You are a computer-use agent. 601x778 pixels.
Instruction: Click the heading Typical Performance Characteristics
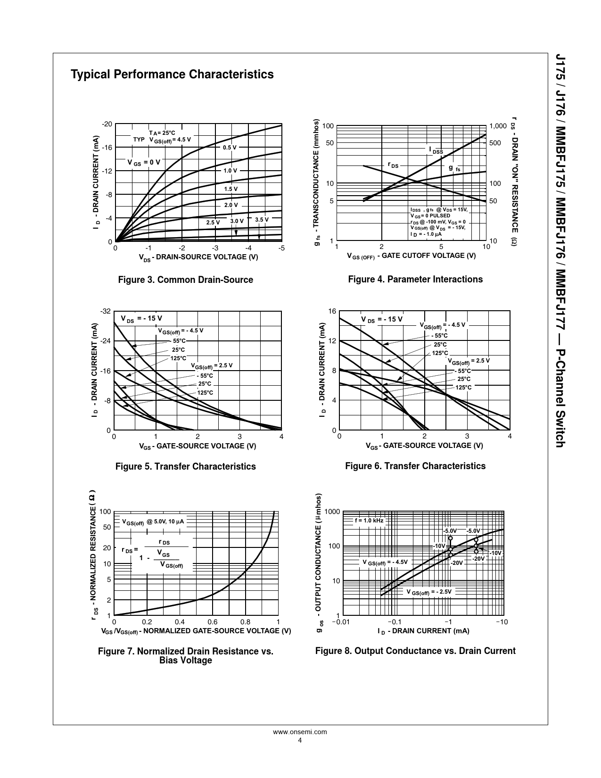click(172, 74)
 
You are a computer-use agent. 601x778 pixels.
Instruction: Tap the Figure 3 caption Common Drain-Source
click(185, 280)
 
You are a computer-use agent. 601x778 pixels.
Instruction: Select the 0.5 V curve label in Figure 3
click(230, 148)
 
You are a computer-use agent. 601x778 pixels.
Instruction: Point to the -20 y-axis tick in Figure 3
click(107, 124)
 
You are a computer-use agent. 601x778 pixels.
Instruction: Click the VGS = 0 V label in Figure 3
click(144, 162)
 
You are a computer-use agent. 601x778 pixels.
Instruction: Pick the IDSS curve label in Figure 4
click(436, 150)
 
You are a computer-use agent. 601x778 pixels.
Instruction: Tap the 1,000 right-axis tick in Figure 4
click(498, 126)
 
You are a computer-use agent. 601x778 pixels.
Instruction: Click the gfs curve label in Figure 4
click(454, 168)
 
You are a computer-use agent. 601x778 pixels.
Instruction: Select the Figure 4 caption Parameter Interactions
click(415, 280)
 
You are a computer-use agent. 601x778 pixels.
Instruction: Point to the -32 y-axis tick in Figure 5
click(106, 312)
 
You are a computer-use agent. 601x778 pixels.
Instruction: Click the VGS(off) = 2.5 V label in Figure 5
click(212, 365)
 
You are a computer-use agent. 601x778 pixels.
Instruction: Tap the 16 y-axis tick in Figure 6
click(332, 312)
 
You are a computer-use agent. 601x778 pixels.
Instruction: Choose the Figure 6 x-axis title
click(424, 446)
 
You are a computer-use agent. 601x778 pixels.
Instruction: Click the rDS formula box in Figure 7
click(161, 554)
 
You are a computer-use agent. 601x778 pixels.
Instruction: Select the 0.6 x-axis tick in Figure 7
click(213, 622)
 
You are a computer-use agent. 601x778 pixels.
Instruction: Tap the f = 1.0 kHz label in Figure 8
click(369, 521)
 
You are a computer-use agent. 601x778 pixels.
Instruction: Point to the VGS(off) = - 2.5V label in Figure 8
click(429, 592)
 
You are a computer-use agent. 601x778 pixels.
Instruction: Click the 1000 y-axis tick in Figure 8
click(332, 512)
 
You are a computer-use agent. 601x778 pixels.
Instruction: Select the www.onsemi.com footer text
click(300, 745)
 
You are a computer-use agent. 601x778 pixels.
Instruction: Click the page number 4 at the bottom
click(300, 753)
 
